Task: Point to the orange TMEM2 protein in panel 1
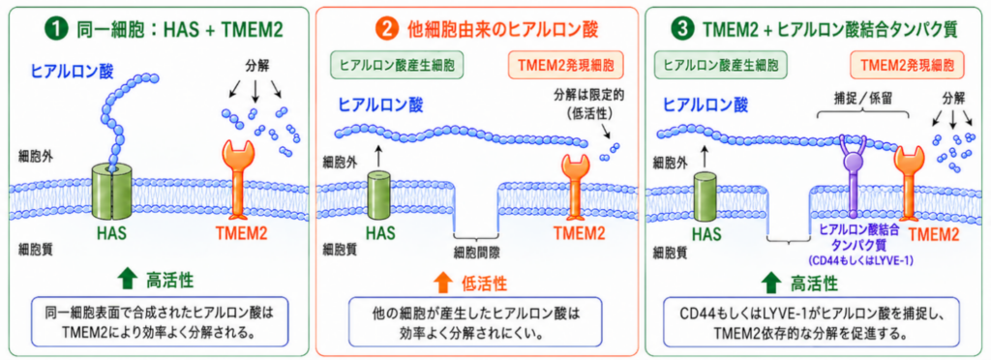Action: click(x=238, y=179)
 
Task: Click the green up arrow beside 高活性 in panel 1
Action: click(x=127, y=279)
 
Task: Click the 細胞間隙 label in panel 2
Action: click(x=476, y=252)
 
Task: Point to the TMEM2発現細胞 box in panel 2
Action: click(x=565, y=65)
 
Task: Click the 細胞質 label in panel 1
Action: click(x=35, y=248)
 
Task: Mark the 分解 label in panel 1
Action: click(x=255, y=65)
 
